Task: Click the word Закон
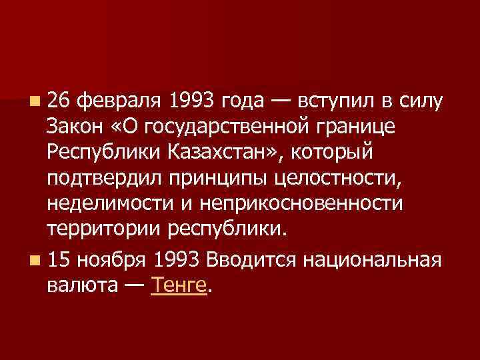(75, 126)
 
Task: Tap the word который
(336, 151)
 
